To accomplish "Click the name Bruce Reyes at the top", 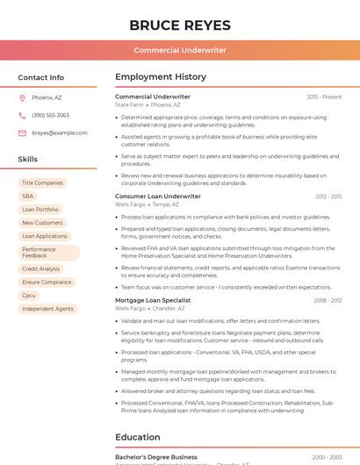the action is [x=180, y=25].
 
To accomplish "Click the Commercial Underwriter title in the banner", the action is [x=180, y=50].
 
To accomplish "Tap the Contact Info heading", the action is [x=41, y=77].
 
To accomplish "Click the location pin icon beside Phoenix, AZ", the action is [x=22, y=97].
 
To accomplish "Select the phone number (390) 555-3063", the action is [x=50, y=115].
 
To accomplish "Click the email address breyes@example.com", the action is [x=60, y=132].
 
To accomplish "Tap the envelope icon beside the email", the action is [x=22, y=132].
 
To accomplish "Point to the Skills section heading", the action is [x=28, y=159].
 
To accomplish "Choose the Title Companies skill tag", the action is [x=42, y=183].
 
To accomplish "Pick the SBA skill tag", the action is [x=28, y=197].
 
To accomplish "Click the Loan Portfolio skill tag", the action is [x=40, y=210].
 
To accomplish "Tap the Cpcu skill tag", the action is [x=29, y=296].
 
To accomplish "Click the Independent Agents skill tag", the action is [x=47, y=309].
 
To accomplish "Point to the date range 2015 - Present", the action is [x=324, y=97].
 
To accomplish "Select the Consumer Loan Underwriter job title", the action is [x=158, y=197].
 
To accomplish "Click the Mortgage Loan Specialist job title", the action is [x=153, y=300].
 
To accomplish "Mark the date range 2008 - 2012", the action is [x=328, y=300].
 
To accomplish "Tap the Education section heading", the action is [x=138, y=437].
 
